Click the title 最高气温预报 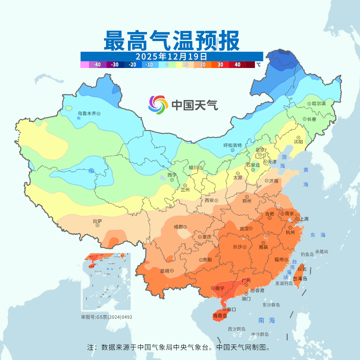[171, 41]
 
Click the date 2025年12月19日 [171, 56]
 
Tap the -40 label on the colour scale [97, 65]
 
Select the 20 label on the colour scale [202, 65]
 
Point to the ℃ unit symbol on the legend [258, 65]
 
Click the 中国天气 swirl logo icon [157, 105]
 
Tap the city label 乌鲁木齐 [87, 114]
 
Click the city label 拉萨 [97, 221]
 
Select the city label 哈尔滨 [319, 104]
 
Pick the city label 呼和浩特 [232, 145]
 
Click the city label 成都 [178, 227]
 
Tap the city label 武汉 [244, 229]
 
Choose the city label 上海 [304, 219]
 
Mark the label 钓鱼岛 [307, 254]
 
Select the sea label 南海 [267, 321]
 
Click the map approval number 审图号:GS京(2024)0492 [107, 317]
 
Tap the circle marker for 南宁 [213, 288]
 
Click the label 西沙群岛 [237, 329]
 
